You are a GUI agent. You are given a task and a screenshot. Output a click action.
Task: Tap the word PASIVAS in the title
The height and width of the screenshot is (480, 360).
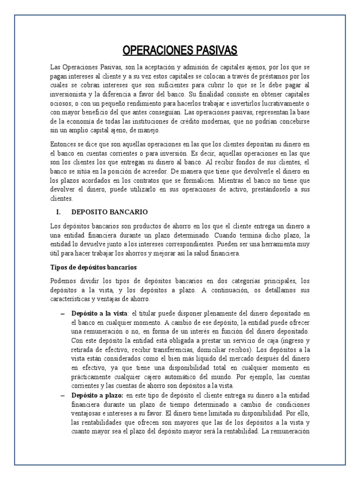[x=216, y=50]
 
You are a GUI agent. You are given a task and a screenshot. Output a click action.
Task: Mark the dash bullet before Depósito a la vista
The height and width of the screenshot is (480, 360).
[x=62, y=313]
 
